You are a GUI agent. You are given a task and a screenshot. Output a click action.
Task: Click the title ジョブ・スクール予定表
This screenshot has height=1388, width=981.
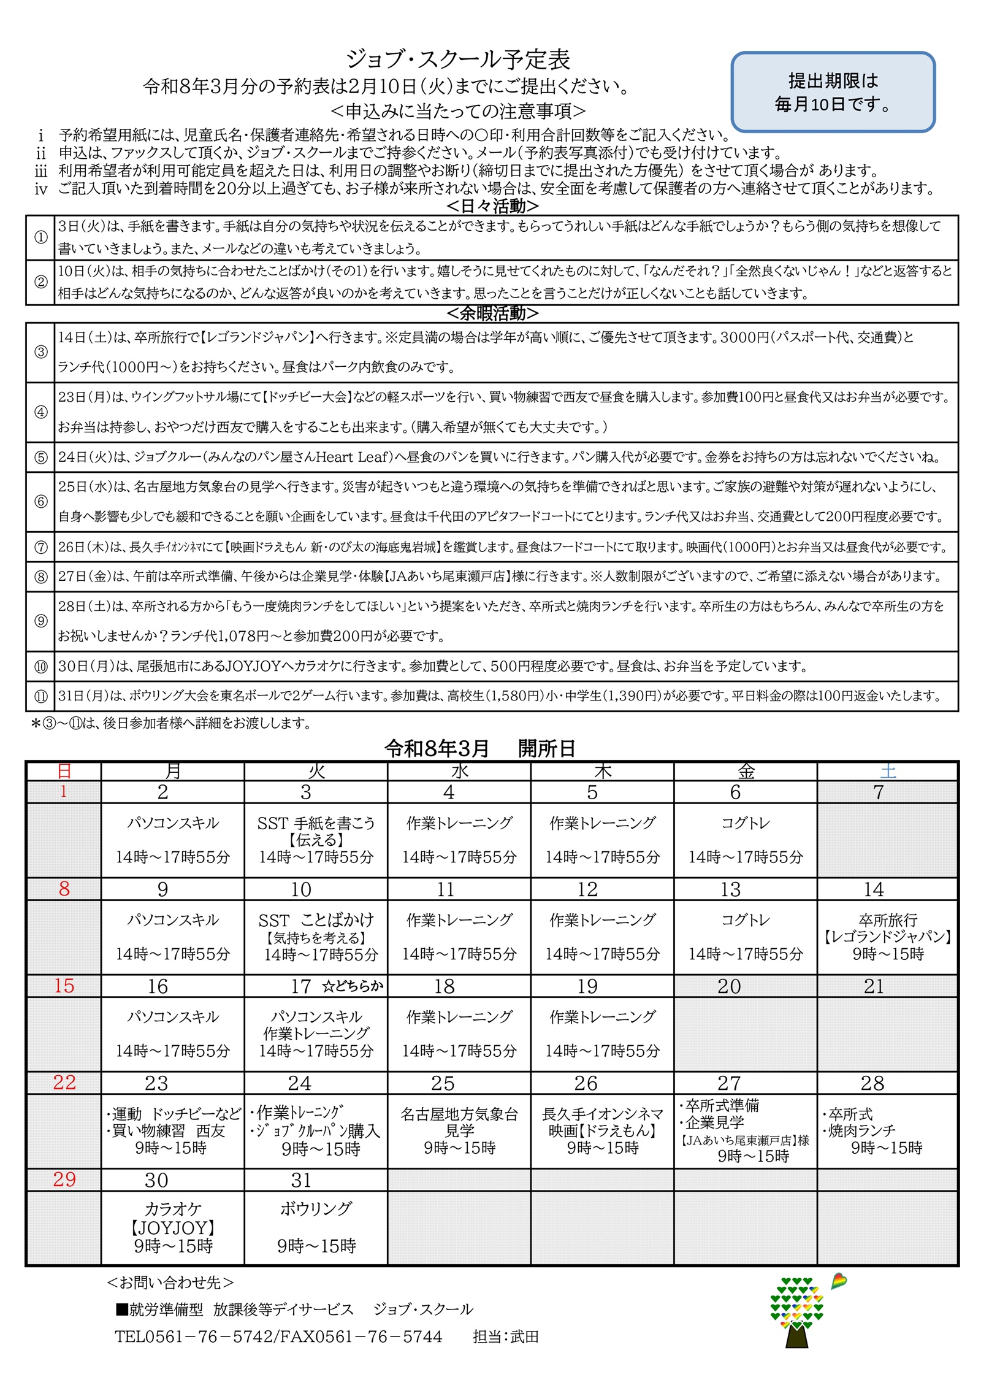[458, 59]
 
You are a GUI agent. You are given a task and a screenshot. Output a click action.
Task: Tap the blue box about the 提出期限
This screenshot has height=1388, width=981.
[833, 92]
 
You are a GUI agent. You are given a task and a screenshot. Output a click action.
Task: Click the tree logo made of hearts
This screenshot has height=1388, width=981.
[796, 1313]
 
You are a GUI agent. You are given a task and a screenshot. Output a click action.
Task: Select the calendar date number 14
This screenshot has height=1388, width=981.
[874, 889]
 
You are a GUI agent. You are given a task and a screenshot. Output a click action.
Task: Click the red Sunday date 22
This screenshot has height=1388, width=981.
[64, 1083]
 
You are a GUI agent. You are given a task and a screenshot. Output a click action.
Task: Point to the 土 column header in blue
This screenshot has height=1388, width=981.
[887, 771]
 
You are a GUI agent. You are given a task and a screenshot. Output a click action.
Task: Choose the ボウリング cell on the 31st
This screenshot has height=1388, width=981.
[316, 1226]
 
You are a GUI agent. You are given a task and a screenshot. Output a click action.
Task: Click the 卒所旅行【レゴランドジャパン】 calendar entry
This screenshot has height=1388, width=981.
[887, 936]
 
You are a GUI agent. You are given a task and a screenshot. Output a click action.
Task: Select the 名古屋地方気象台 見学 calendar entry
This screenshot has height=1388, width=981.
[459, 1130]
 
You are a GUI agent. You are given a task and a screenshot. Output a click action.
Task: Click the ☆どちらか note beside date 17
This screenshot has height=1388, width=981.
[353, 986]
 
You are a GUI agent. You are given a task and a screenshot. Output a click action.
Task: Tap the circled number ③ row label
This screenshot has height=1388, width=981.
[40, 352]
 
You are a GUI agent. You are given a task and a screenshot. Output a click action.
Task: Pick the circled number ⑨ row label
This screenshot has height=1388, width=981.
[40, 621]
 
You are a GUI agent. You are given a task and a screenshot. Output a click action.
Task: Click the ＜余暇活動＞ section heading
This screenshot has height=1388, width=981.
[492, 313]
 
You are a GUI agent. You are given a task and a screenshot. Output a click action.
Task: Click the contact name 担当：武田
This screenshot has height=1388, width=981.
[505, 1336]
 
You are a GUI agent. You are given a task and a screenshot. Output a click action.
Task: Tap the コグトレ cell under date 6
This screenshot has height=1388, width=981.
[745, 822]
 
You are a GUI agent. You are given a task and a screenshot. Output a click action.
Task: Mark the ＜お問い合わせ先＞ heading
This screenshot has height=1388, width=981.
[170, 1282]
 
